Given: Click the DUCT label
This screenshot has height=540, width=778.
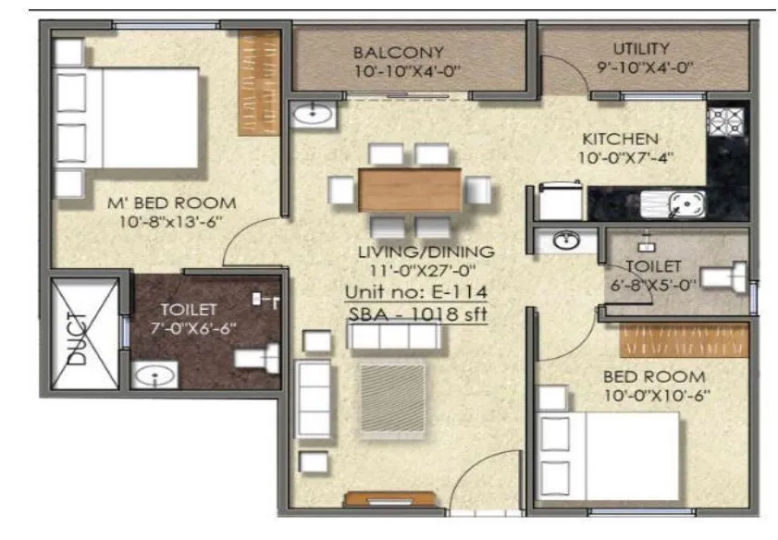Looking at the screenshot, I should tap(80, 338).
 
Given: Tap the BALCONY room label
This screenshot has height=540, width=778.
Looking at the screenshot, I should tap(398, 53).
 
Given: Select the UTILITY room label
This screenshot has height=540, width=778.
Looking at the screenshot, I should tap(641, 49).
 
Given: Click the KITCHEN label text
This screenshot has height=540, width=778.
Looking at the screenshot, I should tap(620, 138).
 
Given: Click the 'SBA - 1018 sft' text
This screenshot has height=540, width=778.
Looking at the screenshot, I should tap(418, 314).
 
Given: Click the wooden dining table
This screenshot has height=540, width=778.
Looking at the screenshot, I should tap(410, 190).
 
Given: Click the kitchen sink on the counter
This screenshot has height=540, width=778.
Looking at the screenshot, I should tap(685, 202).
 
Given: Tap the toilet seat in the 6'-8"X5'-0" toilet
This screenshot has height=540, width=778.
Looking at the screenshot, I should tap(726, 276).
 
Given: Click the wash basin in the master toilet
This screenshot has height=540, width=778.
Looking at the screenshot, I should tap(153, 375).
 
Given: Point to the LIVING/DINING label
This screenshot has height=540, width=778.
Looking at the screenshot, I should tap(426, 252).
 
